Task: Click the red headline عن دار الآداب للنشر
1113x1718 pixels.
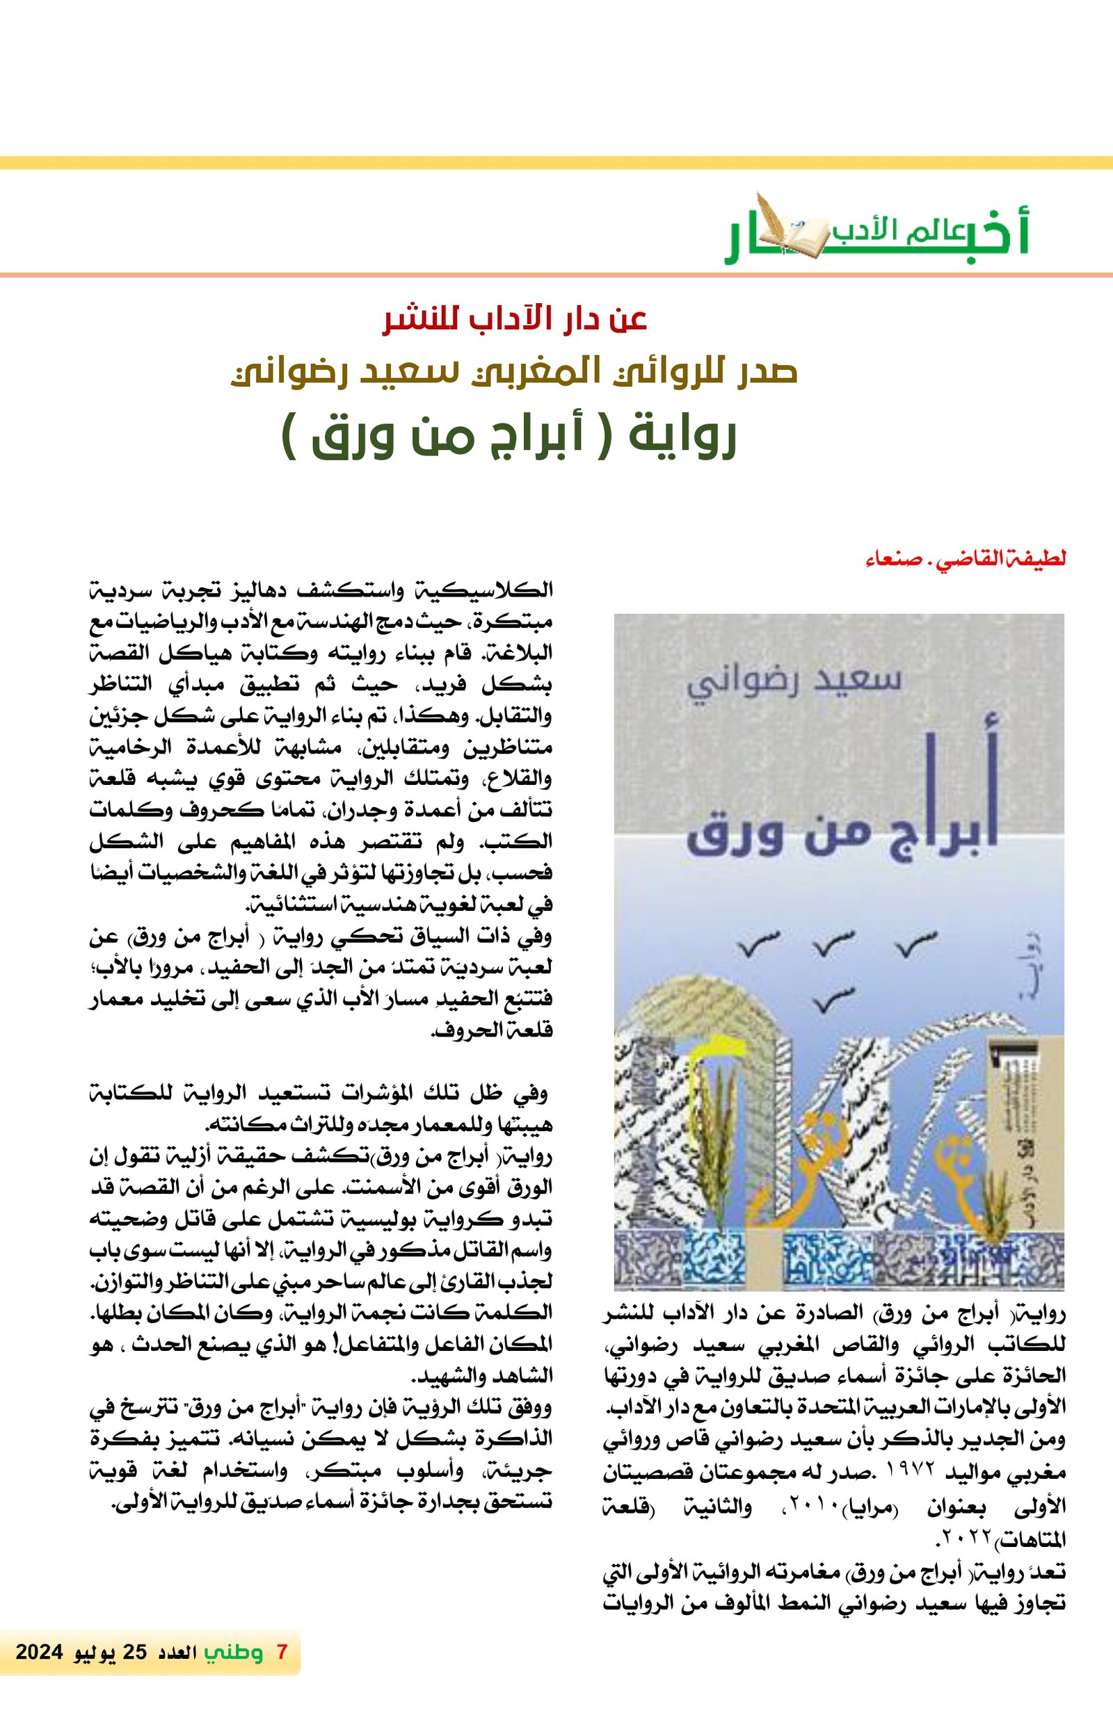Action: pos(514,320)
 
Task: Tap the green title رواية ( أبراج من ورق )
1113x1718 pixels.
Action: pos(509,437)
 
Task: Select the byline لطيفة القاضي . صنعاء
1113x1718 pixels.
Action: pos(966,560)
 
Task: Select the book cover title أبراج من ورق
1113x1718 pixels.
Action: pos(842,836)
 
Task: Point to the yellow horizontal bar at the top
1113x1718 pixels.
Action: pos(556,163)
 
